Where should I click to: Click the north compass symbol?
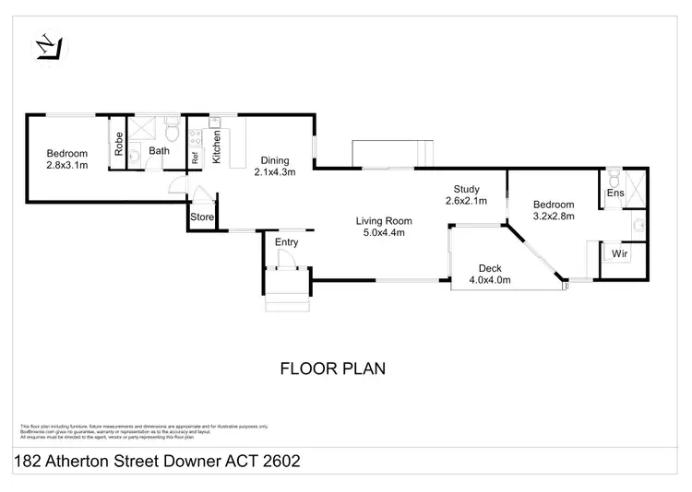click(x=46, y=45)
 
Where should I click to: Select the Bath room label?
click(x=160, y=151)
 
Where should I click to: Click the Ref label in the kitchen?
click(x=196, y=158)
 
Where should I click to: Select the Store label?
click(x=201, y=218)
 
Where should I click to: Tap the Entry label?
click(x=287, y=242)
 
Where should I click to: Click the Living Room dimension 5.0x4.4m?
click(x=386, y=233)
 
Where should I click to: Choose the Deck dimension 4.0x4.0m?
click(x=490, y=279)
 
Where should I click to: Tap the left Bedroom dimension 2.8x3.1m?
click(x=67, y=166)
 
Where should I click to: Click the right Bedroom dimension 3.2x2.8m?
click(x=553, y=217)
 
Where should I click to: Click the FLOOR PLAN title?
click(x=332, y=369)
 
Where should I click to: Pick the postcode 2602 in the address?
click(x=278, y=460)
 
